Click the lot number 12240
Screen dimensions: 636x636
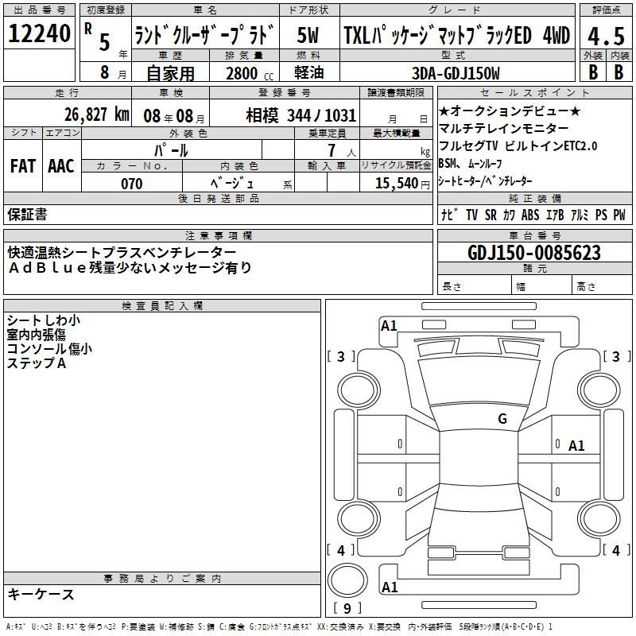click(39, 33)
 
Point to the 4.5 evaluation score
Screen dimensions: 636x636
click(606, 37)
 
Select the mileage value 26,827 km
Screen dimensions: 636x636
click(97, 114)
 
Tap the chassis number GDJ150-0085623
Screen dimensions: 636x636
click(534, 253)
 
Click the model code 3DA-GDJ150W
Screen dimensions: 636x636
click(456, 73)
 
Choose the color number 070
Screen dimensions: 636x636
click(132, 184)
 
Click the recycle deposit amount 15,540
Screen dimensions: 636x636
click(397, 184)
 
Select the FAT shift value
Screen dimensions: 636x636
click(23, 166)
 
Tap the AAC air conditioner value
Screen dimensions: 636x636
click(61, 166)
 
